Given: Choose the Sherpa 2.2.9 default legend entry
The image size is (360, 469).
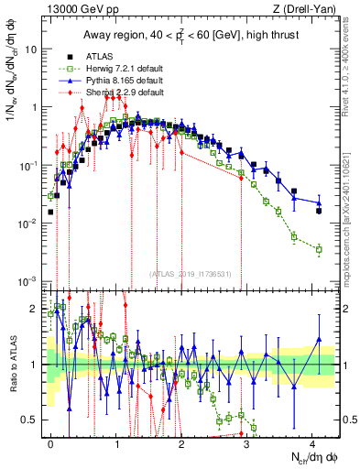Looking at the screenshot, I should coord(112,93).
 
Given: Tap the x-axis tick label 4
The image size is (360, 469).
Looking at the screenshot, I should coord(311,442).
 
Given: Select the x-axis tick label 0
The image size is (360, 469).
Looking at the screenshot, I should coord(50,442).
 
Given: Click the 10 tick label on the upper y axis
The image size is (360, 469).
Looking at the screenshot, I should coord(31,49).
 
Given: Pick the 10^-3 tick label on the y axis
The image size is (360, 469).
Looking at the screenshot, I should coord(28,280).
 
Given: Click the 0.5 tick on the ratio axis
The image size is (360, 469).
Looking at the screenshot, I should coord(30,420).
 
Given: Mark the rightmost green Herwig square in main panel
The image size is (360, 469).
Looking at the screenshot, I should coord(319,248).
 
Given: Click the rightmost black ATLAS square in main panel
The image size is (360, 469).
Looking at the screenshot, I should coord(319,211).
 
